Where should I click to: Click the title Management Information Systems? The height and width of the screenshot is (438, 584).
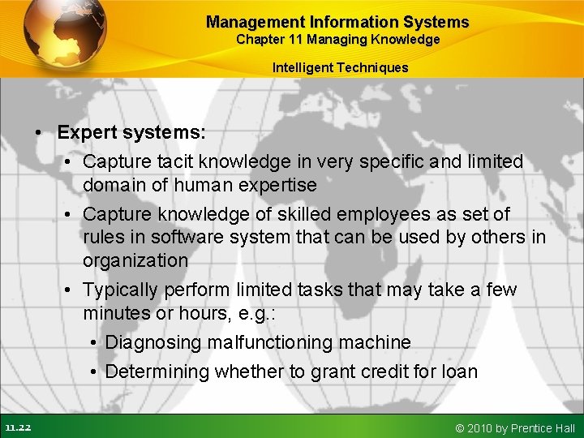point(337,22)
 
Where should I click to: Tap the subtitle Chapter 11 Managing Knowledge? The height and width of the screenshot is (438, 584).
point(337,40)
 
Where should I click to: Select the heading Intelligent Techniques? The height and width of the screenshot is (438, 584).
point(340,67)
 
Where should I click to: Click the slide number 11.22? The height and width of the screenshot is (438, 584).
point(17,427)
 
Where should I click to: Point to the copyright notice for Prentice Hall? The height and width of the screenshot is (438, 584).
point(515,427)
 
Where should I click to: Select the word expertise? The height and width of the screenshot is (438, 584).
point(276,185)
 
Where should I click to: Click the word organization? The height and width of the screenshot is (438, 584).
point(135,260)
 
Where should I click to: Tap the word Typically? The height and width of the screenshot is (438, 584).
point(120,290)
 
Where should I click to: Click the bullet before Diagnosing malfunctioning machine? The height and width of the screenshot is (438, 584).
point(94,343)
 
